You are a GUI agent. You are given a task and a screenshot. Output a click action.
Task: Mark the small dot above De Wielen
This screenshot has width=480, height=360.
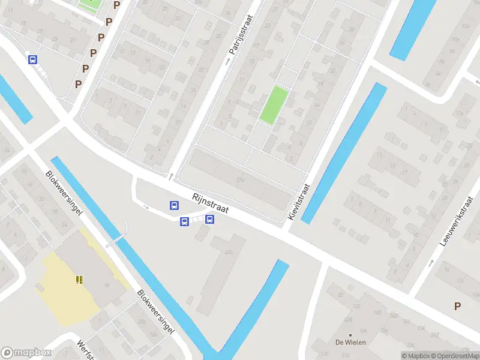coord(350,334)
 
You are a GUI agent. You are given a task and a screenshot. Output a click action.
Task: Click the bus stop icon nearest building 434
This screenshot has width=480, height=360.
coord(210,219)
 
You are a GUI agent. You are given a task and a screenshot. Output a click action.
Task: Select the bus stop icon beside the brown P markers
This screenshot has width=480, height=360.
coord(32,59)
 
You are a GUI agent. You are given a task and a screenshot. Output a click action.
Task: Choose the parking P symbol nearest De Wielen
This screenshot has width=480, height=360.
coord(457,306)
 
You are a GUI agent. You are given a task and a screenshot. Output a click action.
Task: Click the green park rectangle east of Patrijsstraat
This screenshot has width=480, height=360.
coord(274,105)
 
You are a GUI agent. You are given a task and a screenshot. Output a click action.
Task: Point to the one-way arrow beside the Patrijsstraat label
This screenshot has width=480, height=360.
coord(227,61)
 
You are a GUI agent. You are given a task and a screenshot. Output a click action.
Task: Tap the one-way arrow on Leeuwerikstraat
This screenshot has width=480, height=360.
coord(431,263)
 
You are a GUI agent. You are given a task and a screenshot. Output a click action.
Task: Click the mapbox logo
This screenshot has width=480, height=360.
coord(25,353)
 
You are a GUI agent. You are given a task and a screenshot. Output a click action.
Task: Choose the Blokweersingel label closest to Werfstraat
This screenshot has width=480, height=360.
coord(155,310)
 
